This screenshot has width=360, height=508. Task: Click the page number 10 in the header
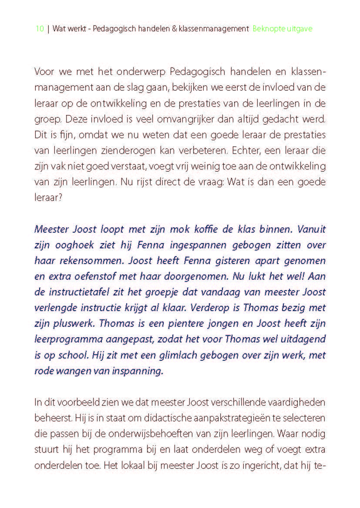click(x=39, y=29)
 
